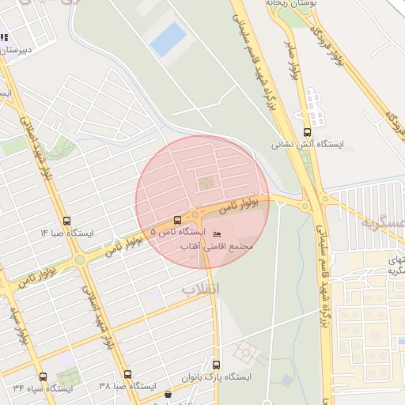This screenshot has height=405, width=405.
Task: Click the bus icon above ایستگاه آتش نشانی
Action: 307,133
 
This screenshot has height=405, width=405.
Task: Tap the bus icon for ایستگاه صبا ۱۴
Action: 66,222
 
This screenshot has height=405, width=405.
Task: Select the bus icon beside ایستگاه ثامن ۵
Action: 176,221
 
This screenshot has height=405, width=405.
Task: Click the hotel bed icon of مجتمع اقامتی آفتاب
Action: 218,233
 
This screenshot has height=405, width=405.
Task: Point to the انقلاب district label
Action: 201,289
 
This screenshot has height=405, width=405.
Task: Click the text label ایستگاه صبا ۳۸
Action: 124,387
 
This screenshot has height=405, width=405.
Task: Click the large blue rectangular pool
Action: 168,39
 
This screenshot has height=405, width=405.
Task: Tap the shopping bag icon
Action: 167,395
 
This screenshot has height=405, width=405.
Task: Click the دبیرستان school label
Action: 17,49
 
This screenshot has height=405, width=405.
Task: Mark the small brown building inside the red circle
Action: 206,184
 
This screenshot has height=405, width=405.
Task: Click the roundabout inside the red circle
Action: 195,214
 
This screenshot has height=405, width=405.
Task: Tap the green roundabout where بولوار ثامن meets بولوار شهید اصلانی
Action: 80,259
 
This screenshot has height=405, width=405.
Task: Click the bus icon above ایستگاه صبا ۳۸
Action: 127,374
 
